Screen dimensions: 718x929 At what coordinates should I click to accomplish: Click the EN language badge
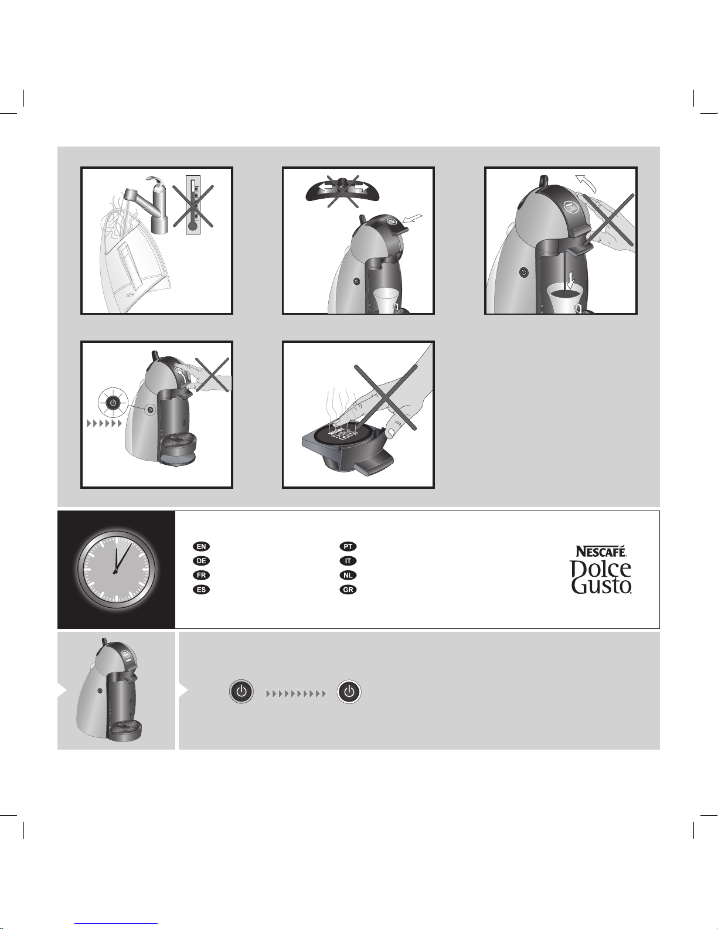[x=201, y=546]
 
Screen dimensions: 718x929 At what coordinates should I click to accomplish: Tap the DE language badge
[x=201, y=561]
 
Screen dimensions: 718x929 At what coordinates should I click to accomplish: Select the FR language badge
[x=201, y=575]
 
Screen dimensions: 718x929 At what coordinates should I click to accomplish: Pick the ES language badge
[x=201, y=590]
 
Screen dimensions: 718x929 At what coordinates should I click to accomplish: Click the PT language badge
[x=348, y=546]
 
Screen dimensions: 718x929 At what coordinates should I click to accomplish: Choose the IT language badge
[x=348, y=561]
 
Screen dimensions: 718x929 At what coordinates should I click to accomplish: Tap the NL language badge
[x=348, y=575]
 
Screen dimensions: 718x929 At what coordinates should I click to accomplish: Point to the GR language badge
[x=348, y=590]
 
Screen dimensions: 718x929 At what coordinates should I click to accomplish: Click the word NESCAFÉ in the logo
[x=601, y=551]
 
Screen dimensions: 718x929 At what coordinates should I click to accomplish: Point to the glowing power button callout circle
[x=113, y=402]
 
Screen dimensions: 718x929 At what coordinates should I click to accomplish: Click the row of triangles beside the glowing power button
[x=104, y=423]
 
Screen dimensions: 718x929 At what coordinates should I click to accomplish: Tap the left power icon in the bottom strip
[x=241, y=691]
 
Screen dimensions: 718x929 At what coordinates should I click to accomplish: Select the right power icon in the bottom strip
[x=349, y=691]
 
